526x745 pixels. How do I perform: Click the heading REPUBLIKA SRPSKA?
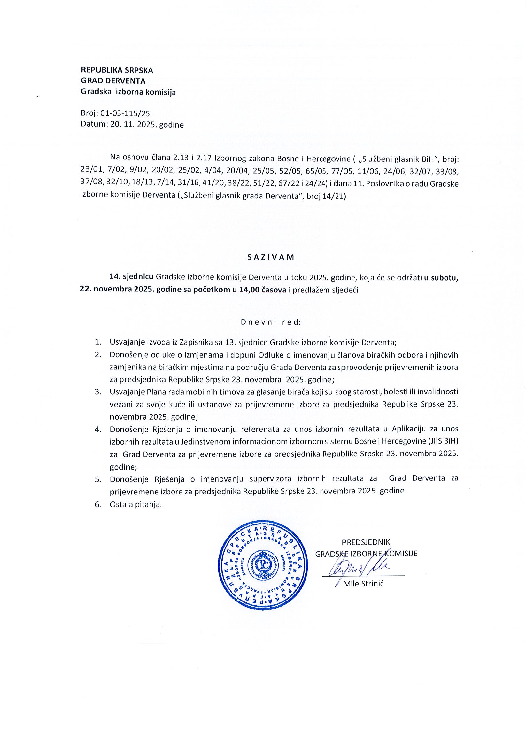click(x=117, y=70)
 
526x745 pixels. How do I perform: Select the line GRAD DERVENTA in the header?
click(x=113, y=81)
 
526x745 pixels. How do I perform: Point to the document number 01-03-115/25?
click(x=125, y=113)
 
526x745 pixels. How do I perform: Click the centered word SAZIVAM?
click(x=271, y=257)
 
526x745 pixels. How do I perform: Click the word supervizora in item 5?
click(x=269, y=478)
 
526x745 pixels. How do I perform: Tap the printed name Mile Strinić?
click(x=363, y=584)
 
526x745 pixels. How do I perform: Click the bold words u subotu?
click(x=441, y=278)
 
